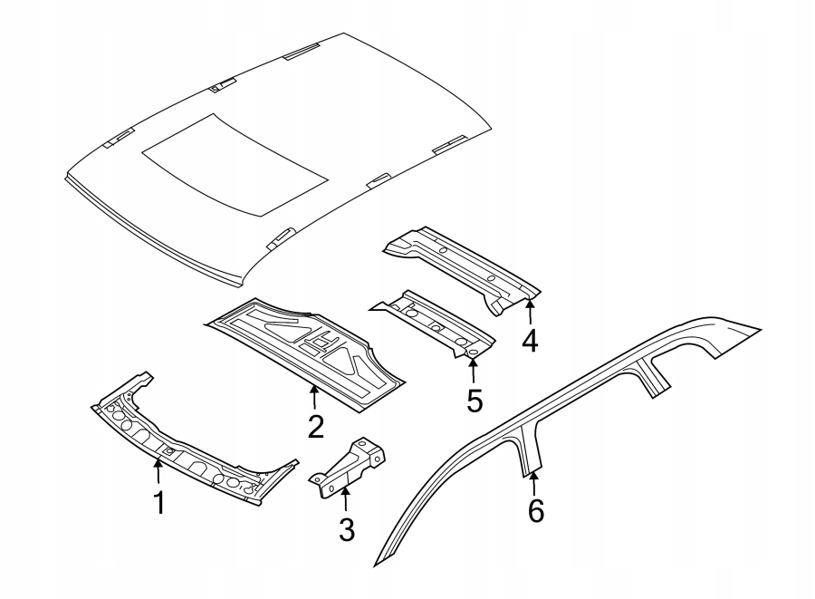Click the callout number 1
click(x=159, y=503)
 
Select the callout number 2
click(x=315, y=426)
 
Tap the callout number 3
click(x=347, y=529)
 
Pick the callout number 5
click(x=475, y=400)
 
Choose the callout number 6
click(x=535, y=512)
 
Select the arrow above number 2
click(x=314, y=396)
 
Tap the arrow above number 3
click(x=346, y=498)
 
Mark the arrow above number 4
click(x=530, y=311)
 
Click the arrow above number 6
click(x=534, y=481)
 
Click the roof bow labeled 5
click(x=435, y=322)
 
